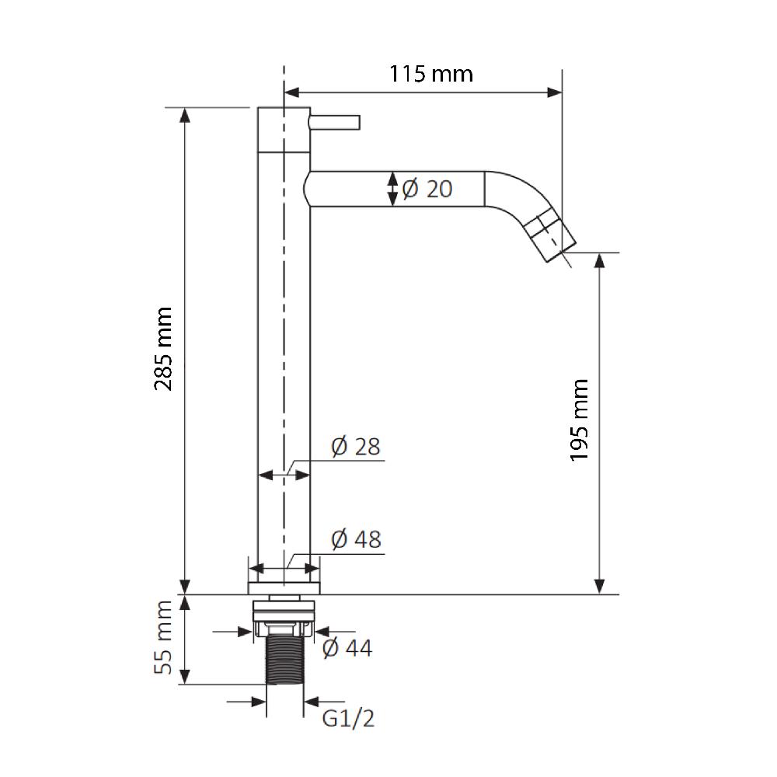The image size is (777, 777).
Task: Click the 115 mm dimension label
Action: tap(430, 74)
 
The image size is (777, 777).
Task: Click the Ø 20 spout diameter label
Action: tap(427, 188)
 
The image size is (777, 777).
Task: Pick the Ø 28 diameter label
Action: tap(355, 447)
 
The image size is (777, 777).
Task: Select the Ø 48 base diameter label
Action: tap(356, 539)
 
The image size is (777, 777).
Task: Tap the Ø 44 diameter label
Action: tap(347, 647)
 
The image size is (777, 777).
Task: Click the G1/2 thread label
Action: tap(348, 719)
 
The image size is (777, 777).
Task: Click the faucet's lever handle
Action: tap(336, 122)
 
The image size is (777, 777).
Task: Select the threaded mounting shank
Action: tap(284, 660)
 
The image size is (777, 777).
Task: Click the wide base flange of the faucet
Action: tap(284, 587)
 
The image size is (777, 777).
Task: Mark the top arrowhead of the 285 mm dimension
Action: tap(184, 114)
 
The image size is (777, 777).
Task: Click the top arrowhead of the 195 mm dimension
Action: tap(599, 260)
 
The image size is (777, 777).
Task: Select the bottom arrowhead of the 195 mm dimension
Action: tap(599, 586)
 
